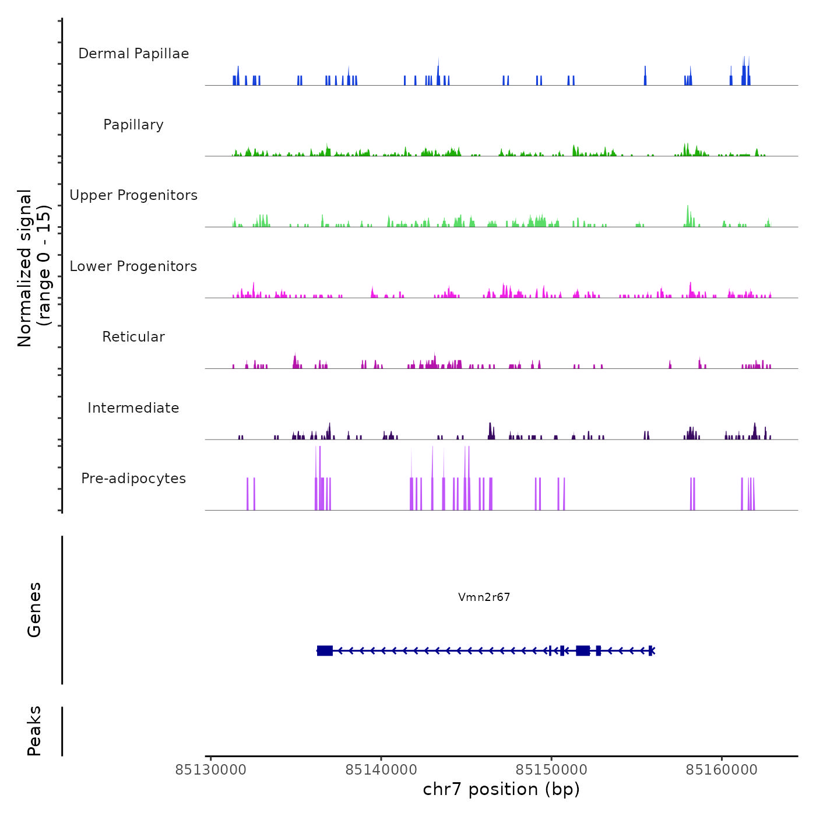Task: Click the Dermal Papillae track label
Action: (x=133, y=54)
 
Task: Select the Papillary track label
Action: (x=133, y=125)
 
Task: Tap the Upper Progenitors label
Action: (x=133, y=195)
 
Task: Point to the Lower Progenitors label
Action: (x=133, y=266)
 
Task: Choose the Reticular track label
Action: (x=133, y=337)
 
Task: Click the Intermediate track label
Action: (x=133, y=408)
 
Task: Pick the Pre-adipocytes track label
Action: (x=133, y=479)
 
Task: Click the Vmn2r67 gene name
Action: (x=484, y=597)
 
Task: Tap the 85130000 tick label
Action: (x=211, y=770)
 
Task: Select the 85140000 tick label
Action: (x=381, y=770)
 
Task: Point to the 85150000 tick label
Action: (x=551, y=770)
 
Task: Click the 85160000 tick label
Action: (x=722, y=770)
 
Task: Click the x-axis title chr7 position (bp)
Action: (x=501, y=789)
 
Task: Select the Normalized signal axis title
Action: (x=34, y=268)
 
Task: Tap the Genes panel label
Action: (x=34, y=610)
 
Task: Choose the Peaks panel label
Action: (x=34, y=731)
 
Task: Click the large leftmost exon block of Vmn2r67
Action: (x=325, y=650)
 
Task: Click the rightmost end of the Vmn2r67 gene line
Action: (x=654, y=650)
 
